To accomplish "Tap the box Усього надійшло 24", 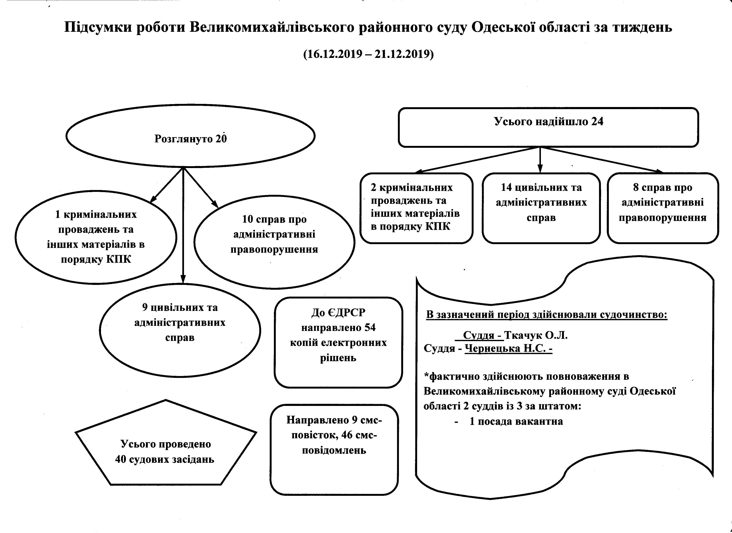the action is (548, 128).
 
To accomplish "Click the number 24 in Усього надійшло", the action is (597, 121).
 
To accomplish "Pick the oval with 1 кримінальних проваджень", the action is (96, 237).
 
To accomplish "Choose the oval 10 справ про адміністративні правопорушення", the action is (274, 242).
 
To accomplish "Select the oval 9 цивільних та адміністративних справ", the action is (180, 330).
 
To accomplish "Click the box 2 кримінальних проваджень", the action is (416, 208).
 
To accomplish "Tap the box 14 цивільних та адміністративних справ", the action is (541, 208).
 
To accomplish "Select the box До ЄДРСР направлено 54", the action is (338, 342).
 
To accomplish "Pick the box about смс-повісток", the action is (334, 449).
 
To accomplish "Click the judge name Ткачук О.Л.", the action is (535, 335).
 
